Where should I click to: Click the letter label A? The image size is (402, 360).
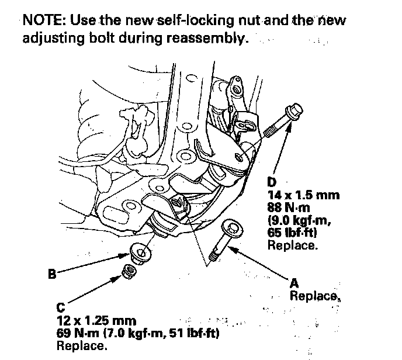point(295,284)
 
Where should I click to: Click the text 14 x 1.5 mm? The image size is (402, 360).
point(303,196)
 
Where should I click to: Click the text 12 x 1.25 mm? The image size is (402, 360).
point(96,321)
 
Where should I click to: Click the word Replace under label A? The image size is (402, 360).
point(314,296)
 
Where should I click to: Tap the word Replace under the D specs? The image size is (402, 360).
point(293,246)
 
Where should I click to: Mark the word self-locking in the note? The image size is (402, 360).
point(184,20)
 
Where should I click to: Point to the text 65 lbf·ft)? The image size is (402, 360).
point(296,233)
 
